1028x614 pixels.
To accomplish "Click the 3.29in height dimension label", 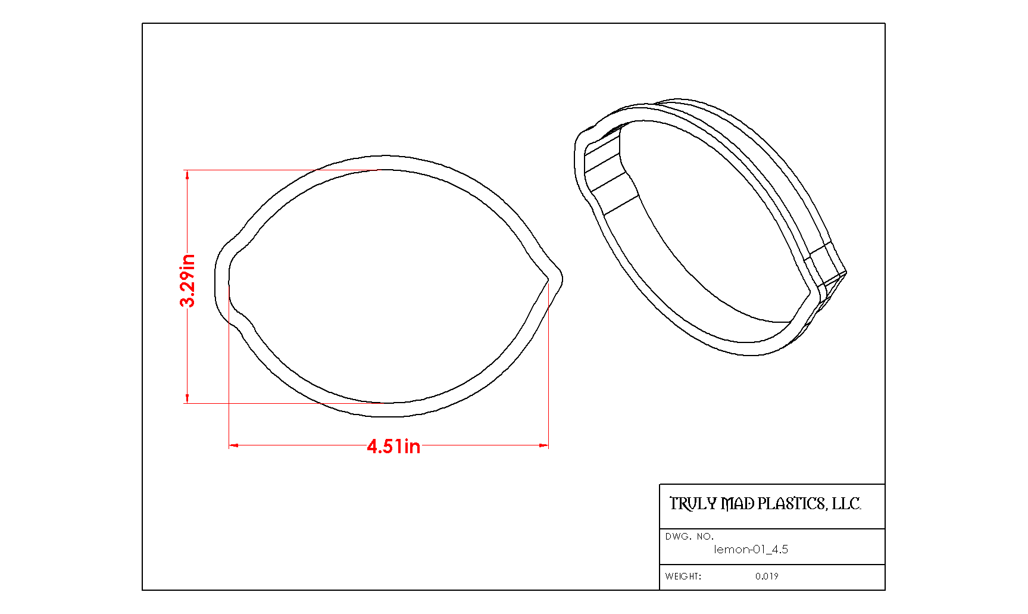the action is pos(188,280).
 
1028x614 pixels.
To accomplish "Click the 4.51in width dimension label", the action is pos(393,446).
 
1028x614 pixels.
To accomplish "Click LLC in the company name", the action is pos(846,504).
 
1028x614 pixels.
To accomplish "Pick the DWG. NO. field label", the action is pos(689,537).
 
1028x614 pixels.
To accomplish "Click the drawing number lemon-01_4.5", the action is pos(751,549).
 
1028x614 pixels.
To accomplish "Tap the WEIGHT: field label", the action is pos(683,576).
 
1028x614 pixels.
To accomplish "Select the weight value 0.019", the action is pos(767,576).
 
